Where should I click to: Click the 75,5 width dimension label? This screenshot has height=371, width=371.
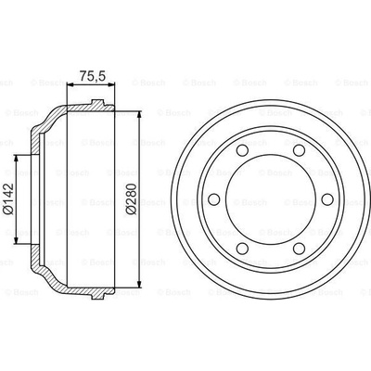pyautogui.click(x=93, y=76)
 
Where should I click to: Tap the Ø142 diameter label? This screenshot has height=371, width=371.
pyautogui.click(x=8, y=198)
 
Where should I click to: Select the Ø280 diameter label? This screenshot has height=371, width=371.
pyautogui.click(x=132, y=198)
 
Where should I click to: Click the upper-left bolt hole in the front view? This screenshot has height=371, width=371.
pyautogui.click(x=242, y=150)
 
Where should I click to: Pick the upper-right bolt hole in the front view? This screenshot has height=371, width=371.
pyautogui.click(x=299, y=150)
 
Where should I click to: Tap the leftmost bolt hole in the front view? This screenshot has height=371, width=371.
pyautogui.click(x=213, y=199)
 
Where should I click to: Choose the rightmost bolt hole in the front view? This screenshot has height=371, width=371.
pyautogui.click(x=327, y=199)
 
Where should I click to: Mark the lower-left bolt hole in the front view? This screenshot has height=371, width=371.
pyautogui.click(x=242, y=249)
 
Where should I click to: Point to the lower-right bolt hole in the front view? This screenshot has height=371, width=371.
pyautogui.click(x=299, y=249)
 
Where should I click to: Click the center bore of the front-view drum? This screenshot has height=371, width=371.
pyautogui.click(x=271, y=199)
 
